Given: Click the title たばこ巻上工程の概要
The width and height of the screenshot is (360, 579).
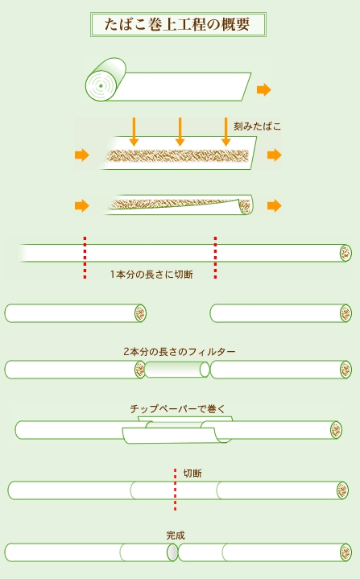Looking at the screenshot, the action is point(177,24).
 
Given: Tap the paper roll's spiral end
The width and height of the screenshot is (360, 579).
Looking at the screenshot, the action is point(101,85).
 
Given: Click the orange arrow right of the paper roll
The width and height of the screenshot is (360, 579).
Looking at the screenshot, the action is point(264,89).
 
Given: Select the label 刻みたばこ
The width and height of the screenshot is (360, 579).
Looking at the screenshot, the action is point(257,126).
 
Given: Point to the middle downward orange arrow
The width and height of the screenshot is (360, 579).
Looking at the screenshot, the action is point(180,132).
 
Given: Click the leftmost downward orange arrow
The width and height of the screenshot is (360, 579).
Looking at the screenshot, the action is point(134,132).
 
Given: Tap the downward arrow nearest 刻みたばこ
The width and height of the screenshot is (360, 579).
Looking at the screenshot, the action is point(226,132).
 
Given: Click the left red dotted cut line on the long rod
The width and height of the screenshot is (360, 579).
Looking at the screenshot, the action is point(85,258).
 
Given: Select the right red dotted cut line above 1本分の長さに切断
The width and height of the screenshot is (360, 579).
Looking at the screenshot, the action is point(215,258).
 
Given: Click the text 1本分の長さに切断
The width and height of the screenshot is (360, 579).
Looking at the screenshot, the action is point(151,275).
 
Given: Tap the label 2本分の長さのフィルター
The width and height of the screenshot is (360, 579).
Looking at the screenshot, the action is point(180,352).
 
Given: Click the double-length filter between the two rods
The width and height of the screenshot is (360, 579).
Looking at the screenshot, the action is point(177,370).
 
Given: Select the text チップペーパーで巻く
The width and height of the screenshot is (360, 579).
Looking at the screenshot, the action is point(177,409).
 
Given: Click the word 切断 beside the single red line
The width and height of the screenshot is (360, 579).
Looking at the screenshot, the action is point(192,474).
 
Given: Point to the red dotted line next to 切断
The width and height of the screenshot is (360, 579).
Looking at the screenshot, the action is point(175,490).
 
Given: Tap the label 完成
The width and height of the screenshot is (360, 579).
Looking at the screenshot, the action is point(176,535).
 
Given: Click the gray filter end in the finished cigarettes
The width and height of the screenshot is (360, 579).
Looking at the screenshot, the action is point(172,552).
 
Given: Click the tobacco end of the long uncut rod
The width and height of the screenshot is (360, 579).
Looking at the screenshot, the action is point(346,253).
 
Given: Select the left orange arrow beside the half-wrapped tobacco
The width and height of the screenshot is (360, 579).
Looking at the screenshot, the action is point(81,205).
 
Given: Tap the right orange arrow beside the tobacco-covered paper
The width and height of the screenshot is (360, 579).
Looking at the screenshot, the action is point(275,155).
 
